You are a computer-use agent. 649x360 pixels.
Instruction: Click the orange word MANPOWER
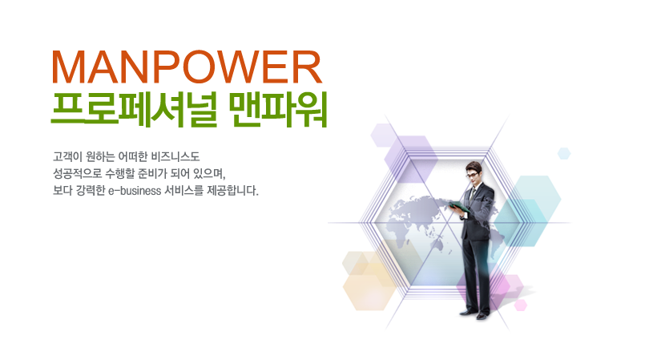(187, 67)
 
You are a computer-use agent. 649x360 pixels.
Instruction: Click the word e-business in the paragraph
(135, 191)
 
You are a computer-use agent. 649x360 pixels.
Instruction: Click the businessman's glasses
(472, 175)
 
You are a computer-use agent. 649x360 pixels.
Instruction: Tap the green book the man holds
(458, 207)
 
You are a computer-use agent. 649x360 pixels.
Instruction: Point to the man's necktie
(472, 193)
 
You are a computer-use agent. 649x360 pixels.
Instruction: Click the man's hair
(474, 167)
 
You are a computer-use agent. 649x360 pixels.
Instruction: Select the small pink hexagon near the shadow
(520, 305)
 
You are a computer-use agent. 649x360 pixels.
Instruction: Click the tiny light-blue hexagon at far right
(564, 153)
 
